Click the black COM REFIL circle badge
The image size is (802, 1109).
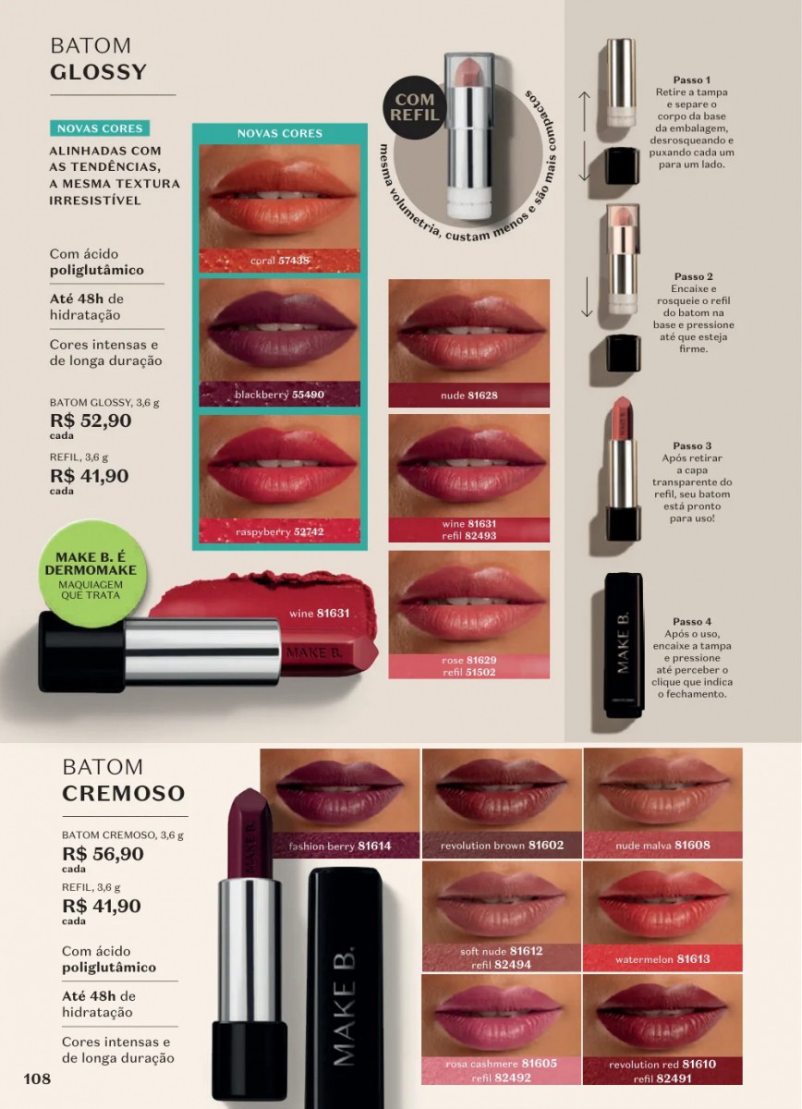coord(414,107)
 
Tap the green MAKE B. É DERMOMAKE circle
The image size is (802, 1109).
coord(91,574)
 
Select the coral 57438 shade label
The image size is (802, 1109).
coord(280,261)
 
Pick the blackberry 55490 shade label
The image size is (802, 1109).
coord(280,395)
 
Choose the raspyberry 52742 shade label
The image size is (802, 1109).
coord(280,531)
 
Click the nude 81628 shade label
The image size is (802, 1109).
coord(468,396)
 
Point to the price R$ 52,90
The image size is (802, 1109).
coord(91,420)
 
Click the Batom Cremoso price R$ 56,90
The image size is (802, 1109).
coord(103,854)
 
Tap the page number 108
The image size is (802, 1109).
coord(37,1079)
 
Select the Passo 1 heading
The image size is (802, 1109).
coord(692,79)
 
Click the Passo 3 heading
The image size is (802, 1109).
coord(692,445)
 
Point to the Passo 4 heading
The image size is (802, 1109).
coord(692,621)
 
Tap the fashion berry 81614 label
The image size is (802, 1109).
coord(340,846)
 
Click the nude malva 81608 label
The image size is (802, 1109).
coord(662,845)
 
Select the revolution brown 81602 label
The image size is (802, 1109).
coord(502,845)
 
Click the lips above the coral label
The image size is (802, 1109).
coord(280,196)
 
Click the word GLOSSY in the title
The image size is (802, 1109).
coord(98,72)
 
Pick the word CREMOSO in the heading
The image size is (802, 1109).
coord(123,793)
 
